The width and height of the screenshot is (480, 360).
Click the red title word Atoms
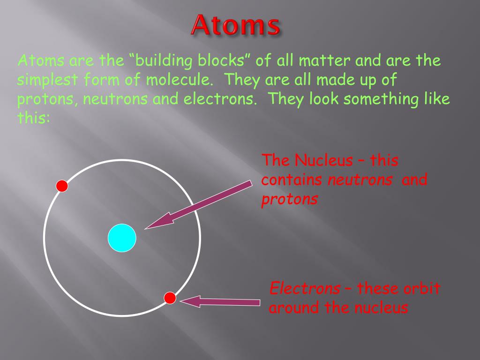tap(235, 25)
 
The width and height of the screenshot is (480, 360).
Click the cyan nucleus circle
tap(122, 238)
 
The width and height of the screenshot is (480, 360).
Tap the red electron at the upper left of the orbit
tap(62, 186)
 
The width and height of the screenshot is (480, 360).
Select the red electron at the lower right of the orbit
tap(170, 298)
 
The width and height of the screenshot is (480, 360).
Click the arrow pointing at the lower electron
tap(220, 301)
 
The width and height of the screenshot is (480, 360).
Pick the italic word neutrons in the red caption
tap(360, 180)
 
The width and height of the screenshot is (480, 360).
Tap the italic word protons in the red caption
tap(290, 199)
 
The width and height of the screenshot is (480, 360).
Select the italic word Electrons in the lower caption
tap(305, 288)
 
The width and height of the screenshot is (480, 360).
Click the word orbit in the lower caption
tap(421, 288)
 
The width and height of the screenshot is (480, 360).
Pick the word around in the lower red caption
tap(292, 308)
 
